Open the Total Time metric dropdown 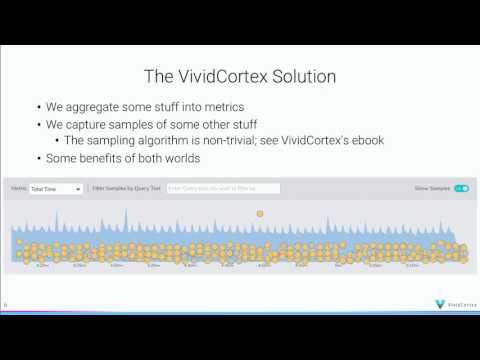pos(56,188)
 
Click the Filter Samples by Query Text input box pos(209,188)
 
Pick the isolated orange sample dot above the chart pos(260,214)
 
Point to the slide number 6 pos(6,304)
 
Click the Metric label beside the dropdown pos(19,188)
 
